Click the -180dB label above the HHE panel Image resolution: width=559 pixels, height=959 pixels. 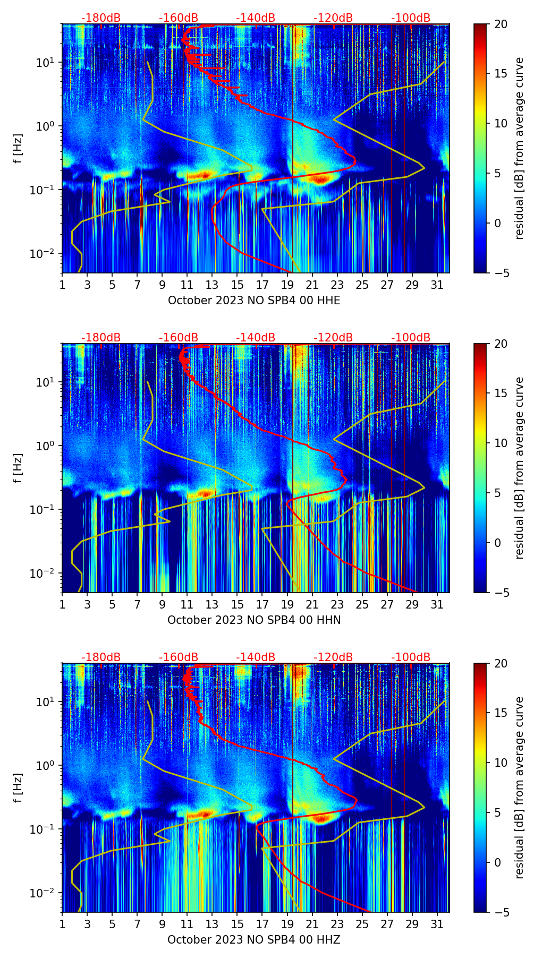pos(101,18)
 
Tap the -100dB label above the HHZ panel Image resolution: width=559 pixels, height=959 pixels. pos(411,657)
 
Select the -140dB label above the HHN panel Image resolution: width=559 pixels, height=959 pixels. pos(256,338)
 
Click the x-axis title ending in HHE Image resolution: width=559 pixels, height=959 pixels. pos(254,301)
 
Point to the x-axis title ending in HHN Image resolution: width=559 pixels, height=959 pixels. pos(254,620)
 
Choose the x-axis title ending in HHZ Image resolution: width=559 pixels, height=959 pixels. pos(254,940)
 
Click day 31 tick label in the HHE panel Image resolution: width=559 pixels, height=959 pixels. pos(437,285)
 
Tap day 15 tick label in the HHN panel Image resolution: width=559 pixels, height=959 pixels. pos(238,605)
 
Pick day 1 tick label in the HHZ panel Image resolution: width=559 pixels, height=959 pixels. pos(62,924)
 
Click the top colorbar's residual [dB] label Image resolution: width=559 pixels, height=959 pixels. pos(520,148)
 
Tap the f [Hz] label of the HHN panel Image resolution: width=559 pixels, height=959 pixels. pos(18,468)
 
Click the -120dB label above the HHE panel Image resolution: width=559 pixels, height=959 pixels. pos(333,18)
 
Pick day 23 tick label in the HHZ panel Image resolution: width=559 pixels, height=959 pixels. pos(337,924)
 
